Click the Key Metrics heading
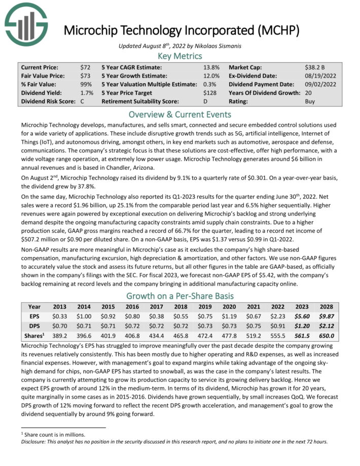179,56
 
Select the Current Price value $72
85,67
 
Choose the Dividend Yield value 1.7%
86,93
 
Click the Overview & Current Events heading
179,114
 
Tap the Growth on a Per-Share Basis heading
179,296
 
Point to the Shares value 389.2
59,336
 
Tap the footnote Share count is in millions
54,434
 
